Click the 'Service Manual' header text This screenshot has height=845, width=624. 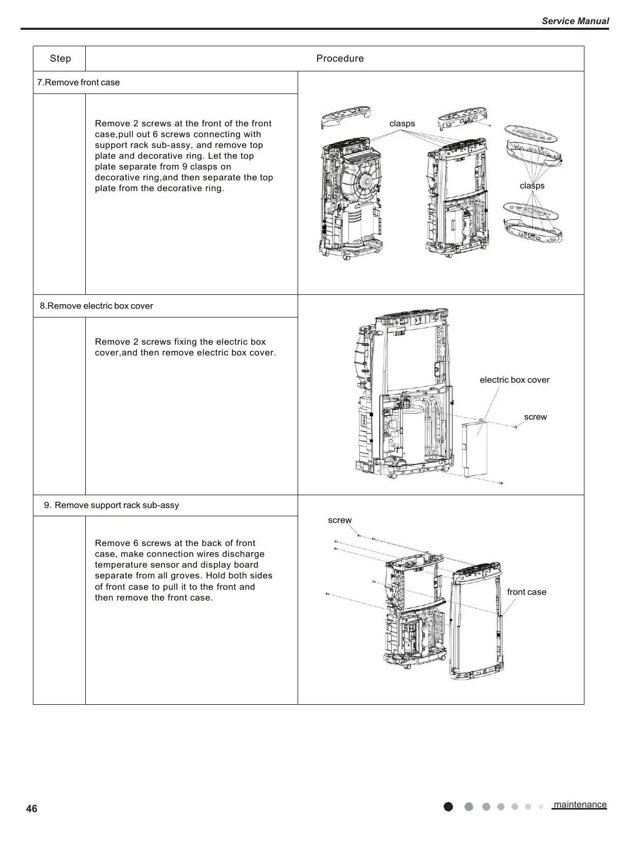575,21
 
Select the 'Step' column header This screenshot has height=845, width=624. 60,59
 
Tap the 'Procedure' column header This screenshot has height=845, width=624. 340,59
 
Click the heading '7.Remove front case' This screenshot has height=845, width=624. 79,83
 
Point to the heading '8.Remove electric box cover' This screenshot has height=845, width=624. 97,306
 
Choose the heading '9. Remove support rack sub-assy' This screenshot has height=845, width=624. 112,505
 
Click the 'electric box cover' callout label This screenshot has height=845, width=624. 514,380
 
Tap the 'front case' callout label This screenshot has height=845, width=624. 526,592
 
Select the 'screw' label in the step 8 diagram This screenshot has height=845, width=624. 535,417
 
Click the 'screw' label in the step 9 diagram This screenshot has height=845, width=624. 340,520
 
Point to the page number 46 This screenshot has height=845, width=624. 32,809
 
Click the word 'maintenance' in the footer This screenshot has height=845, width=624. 580,805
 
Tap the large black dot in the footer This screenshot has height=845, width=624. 448,806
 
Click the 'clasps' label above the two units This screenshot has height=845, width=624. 402,124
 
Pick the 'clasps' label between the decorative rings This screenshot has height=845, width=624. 532,186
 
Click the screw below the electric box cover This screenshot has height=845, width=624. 501,483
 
